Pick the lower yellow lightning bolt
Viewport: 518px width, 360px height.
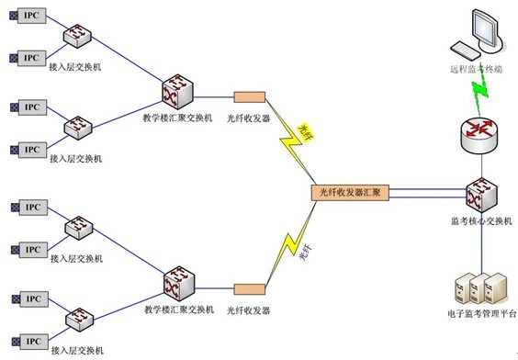click(x=291, y=247)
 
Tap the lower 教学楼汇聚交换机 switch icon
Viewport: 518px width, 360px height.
click(x=178, y=283)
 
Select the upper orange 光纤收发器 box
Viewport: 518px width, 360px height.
click(x=249, y=96)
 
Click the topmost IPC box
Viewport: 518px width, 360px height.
click(x=32, y=15)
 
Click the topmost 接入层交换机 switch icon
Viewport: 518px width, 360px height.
click(x=76, y=36)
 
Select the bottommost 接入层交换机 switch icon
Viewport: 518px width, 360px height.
click(x=76, y=321)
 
